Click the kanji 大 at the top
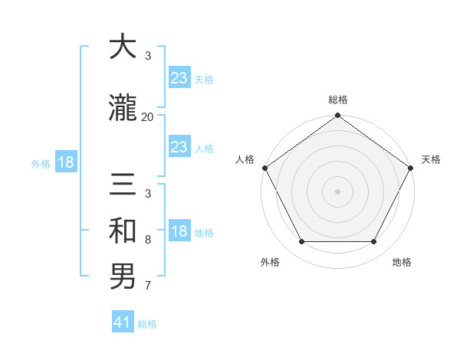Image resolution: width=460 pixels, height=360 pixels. coord(123,47)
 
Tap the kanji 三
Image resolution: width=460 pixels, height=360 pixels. coord(123,185)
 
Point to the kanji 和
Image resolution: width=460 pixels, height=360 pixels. coord(123,229)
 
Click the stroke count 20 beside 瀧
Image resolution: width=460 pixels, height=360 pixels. coord(147,117)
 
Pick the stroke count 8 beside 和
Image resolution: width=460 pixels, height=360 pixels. coord(147,240)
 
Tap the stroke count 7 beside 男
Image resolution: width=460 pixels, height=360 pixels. coord(147,286)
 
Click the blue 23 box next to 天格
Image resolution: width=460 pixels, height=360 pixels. coord(179,78)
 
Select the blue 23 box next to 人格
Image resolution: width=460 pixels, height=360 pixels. coord(179,147)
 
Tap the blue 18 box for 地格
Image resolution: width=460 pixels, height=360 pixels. coord(179,232)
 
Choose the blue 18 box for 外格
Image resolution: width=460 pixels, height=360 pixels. coord(65,163)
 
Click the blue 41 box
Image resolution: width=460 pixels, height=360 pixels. coord(123,322)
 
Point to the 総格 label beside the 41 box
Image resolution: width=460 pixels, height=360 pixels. coord(147,324)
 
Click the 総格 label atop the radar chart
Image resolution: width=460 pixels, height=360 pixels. coord(337,100)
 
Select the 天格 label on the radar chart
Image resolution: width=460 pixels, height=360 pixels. coord(431,159)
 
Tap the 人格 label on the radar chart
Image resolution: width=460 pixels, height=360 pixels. coord(245,159)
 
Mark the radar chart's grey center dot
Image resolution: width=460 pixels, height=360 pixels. coord(337,191)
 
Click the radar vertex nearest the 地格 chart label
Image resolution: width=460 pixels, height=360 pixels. coord(374,242)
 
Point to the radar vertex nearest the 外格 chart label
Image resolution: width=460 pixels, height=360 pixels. coord(301,242)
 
